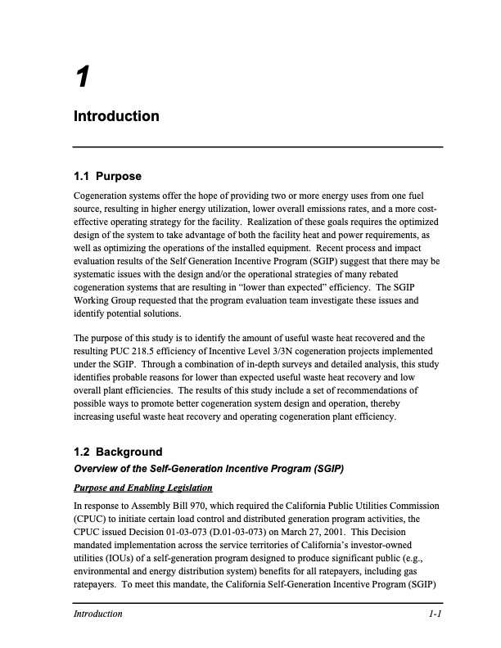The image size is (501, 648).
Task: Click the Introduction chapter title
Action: (116, 116)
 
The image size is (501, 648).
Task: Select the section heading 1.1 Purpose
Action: (107, 177)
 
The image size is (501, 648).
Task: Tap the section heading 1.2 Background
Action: (118, 452)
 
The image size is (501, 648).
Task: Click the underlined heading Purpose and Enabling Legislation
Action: (142, 488)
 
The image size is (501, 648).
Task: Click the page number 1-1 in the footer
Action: (435, 614)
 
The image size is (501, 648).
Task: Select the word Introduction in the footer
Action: (97, 614)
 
